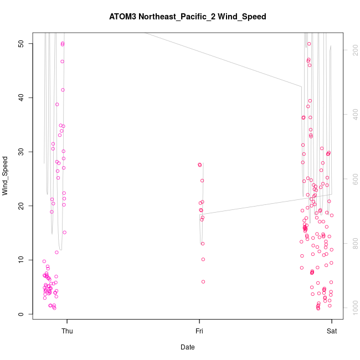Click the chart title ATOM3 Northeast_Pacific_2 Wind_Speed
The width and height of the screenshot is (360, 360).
point(188,17)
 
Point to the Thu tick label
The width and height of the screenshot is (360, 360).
point(67,331)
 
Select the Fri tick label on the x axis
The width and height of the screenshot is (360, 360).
point(199,331)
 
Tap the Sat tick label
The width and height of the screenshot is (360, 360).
point(332,331)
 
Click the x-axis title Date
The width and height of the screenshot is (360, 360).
point(188,347)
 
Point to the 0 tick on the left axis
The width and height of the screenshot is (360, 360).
point(21,314)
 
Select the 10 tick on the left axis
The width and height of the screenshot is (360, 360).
point(21,260)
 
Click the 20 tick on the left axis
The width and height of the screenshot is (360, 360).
point(21,205)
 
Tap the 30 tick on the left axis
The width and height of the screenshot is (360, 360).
point(21,152)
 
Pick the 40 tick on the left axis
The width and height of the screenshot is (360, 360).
point(21,97)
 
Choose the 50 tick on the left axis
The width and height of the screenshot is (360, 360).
point(21,43)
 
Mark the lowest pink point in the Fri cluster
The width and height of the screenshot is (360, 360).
point(203,281)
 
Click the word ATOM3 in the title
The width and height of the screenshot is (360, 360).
point(123,17)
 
